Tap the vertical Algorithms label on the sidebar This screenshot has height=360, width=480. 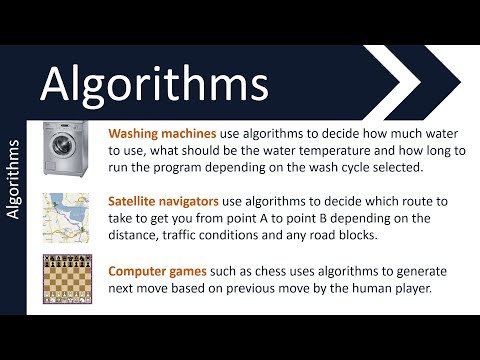(13, 180)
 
